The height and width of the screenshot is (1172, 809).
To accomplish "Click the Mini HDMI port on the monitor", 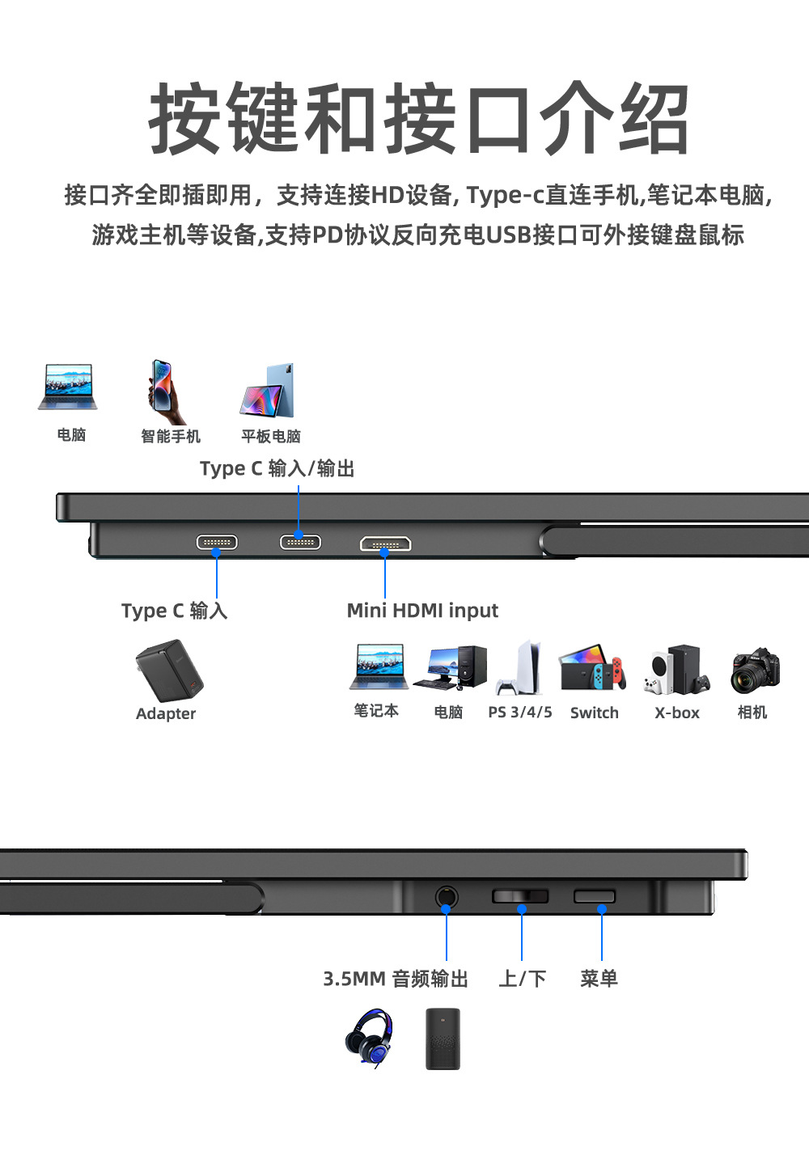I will (x=386, y=544).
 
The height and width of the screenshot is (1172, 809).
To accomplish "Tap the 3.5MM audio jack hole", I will (x=446, y=896).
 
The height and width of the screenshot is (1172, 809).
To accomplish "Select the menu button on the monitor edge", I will (x=595, y=896).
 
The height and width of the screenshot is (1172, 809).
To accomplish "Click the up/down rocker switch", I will (x=520, y=896).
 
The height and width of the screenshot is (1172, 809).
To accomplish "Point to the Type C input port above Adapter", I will (x=217, y=542).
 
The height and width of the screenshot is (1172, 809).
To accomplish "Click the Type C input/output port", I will (x=300, y=542).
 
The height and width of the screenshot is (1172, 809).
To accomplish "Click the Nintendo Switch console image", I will (x=593, y=669).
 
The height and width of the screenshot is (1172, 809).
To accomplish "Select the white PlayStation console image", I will (x=519, y=669).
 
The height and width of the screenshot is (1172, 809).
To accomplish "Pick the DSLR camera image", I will (x=755, y=671).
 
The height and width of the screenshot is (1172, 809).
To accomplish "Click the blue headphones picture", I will (x=369, y=1038).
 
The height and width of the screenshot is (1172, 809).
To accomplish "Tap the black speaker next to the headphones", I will (x=443, y=1039).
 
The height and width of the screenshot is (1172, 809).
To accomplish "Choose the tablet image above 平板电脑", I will (x=268, y=391).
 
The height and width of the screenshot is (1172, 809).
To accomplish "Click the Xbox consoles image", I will (x=677, y=670).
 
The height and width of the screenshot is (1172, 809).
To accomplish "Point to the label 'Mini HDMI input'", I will (x=422, y=611).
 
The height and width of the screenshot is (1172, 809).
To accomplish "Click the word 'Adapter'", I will (x=166, y=713).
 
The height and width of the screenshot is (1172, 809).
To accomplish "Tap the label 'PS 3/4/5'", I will (x=520, y=713).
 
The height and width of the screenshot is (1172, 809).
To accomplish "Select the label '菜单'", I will (x=599, y=979).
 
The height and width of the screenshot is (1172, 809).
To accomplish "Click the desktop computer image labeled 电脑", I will (x=450, y=668).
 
